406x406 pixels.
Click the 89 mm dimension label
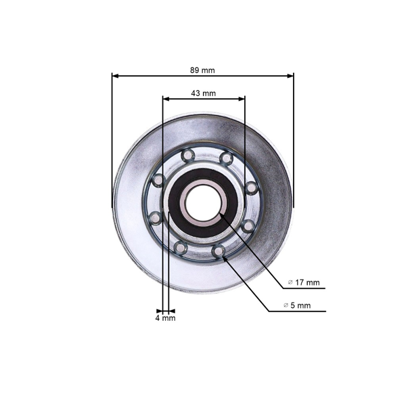point(202,70)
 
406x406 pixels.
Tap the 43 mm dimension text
point(203,93)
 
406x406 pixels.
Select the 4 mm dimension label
point(166,318)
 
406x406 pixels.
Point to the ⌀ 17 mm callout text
point(304,282)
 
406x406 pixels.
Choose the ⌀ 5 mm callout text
point(297,305)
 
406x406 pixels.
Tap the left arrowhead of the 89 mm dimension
point(115,76)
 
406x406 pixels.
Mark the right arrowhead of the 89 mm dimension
point(290,76)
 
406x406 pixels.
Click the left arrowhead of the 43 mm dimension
point(166,99)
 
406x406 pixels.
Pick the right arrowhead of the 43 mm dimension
point(242,99)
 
